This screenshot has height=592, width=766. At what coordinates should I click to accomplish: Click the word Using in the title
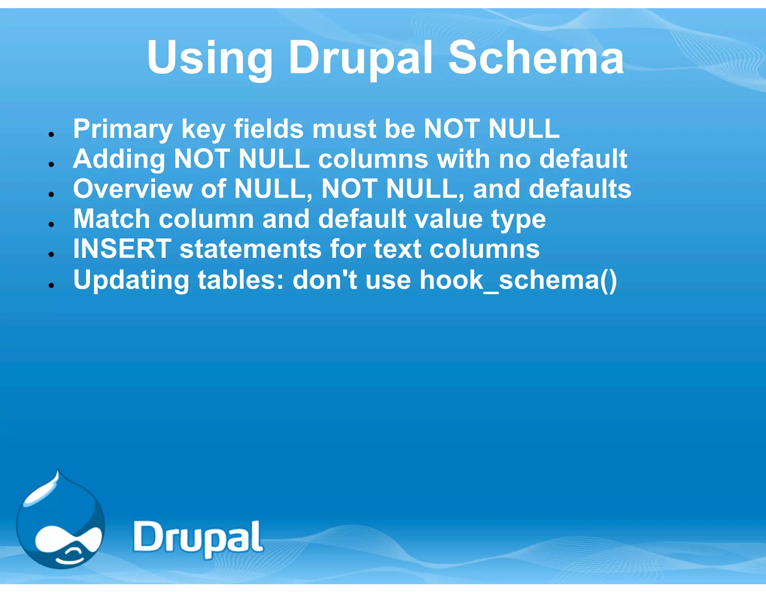[210, 58]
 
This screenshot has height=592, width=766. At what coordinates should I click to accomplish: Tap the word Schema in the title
[536, 58]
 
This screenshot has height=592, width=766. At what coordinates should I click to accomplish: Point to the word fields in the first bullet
[269, 129]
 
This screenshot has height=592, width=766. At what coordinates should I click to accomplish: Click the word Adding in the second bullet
[119, 159]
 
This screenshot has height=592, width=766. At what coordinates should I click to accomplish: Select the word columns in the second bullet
[373, 159]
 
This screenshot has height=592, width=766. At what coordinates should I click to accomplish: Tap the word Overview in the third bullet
[133, 189]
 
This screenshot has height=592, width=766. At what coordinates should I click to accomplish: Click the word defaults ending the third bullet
[580, 189]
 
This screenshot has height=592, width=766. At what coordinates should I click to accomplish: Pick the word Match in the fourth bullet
[111, 219]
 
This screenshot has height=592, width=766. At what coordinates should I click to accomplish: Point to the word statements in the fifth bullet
[250, 250]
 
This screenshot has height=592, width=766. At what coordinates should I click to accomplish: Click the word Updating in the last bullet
[131, 280]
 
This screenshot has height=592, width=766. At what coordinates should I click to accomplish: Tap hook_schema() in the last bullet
[518, 280]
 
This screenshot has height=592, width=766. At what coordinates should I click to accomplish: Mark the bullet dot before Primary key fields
[52, 134]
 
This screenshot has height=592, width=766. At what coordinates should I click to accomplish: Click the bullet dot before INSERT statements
[52, 254]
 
